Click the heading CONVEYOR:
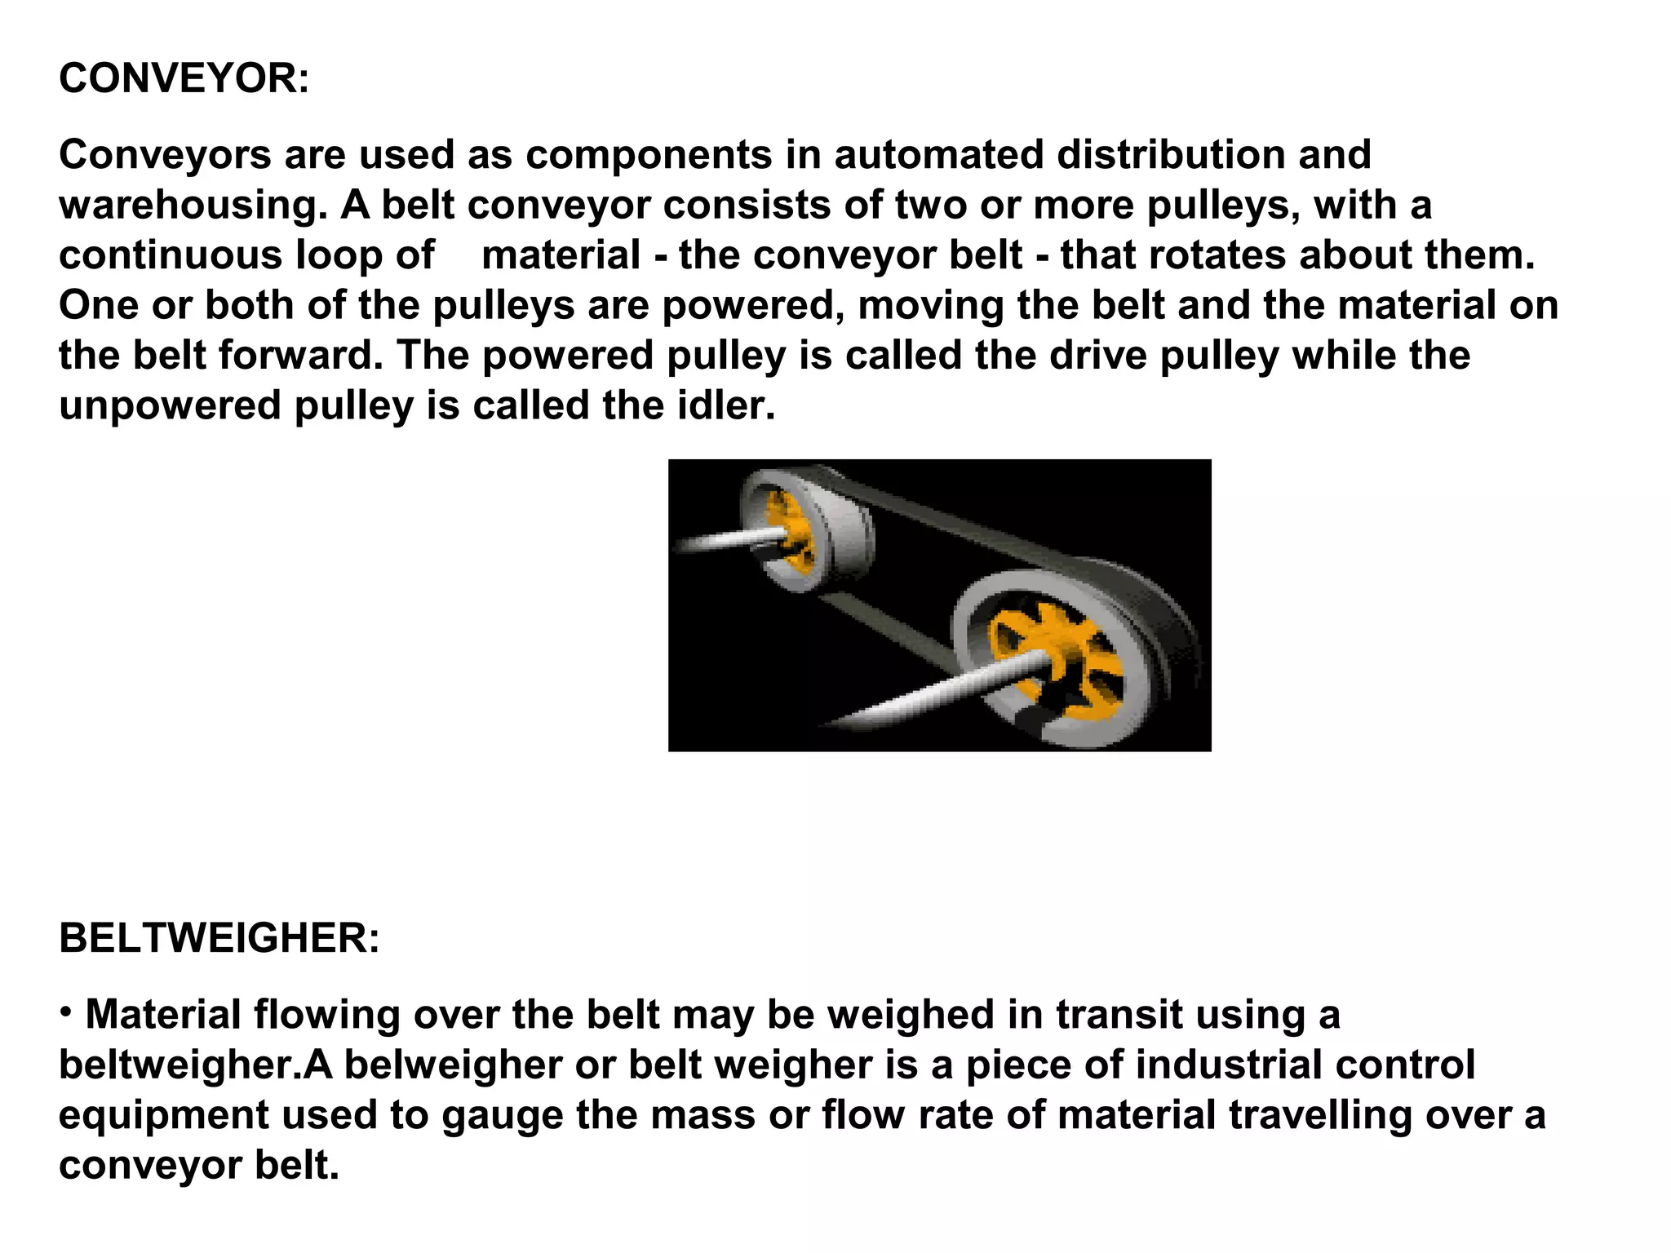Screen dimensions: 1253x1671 click(x=184, y=80)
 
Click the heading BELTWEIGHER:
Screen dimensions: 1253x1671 click(x=219, y=938)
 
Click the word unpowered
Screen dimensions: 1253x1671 click(x=170, y=405)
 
